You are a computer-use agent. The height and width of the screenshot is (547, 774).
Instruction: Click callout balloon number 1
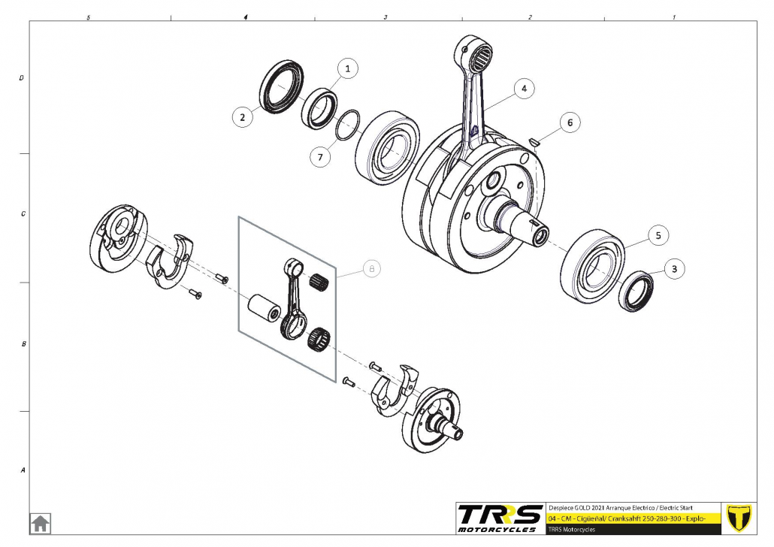tap(347, 68)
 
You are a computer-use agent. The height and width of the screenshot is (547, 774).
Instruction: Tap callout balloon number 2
tap(242, 117)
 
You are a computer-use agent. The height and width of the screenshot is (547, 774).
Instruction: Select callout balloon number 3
tap(674, 269)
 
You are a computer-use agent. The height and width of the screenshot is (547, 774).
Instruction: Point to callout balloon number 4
tap(524, 89)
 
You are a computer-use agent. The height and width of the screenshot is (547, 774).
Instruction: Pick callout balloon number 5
tap(658, 235)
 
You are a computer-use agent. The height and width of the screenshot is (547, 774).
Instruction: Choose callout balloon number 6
tap(570, 122)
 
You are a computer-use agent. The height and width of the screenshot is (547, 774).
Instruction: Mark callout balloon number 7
tap(320, 157)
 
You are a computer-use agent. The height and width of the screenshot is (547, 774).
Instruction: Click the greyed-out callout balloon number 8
tap(372, 268)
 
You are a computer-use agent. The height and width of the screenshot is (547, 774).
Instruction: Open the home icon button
tap(41, 523)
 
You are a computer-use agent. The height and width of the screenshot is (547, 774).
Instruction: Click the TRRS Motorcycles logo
tap(500, 518)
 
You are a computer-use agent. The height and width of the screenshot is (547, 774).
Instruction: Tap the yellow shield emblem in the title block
tap(739, 518)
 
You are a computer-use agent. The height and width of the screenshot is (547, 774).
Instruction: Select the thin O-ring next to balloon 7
tap(347, 125)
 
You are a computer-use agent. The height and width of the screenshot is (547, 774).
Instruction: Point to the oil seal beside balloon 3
tap(636, 292)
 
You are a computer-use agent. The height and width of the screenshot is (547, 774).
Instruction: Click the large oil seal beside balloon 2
tap(281, 87)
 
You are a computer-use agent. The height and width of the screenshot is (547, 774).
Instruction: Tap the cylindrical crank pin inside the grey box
tap(264, 309)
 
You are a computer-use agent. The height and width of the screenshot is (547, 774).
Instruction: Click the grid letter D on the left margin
tap(21, 78)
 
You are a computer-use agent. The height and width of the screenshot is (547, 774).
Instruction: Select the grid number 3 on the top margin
tap(385, 17)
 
